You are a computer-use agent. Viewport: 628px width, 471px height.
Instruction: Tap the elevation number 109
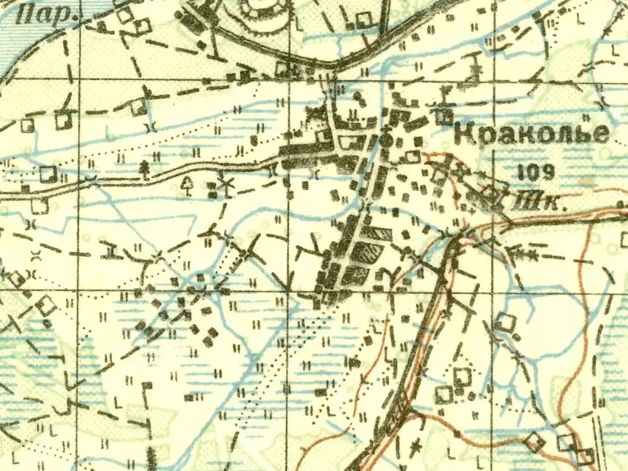pyautogui.click(x=536, y=172)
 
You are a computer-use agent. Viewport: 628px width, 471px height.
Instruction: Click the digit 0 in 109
pyautogui.click(x=536, y=172)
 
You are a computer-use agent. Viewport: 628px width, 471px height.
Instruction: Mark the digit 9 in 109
pyautogui.click(x=548, y=172)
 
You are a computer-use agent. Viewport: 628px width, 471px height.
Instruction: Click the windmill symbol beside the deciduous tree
pyautogui.click(x=228, y=185)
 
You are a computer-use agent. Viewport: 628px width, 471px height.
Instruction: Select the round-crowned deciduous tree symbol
pyautogui.click(x=188, y=186)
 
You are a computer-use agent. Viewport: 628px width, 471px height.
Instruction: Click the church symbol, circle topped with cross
pyautogui.click(x=387, y=139)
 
